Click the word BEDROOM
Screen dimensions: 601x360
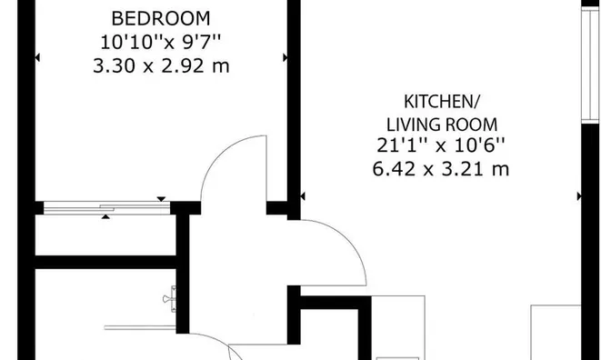pos(161,18)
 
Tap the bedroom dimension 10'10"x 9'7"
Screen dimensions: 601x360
pos(161,42)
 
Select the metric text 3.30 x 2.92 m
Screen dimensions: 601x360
pos(161,65)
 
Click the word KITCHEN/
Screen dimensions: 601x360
pos(442,102)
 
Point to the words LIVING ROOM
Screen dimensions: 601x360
pos(442,125)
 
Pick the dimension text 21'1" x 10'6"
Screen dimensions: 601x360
pos(441,145)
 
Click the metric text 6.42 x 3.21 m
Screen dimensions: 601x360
pos(441,169)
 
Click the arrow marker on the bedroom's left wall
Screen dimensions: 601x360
pos(37,57)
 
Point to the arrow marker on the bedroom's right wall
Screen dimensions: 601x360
pos(285,57)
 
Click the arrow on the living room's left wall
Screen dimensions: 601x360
pos(303,196)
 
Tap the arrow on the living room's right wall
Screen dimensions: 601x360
pos(579,196)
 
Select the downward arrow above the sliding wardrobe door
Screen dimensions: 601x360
pos(161,199)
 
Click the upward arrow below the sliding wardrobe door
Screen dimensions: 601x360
pos(105,217)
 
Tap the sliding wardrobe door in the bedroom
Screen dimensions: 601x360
pos(107,208)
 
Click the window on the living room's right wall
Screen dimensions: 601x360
pos(590,65)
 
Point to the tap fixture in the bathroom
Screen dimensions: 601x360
pos(169,299)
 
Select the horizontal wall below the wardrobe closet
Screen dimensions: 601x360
pos(105,262)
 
